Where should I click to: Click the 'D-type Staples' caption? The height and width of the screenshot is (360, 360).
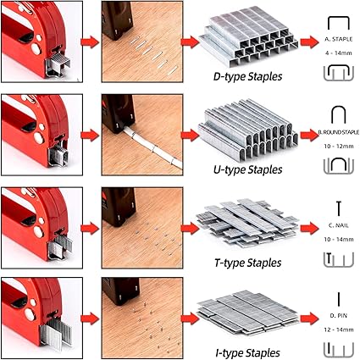tap(247, 76)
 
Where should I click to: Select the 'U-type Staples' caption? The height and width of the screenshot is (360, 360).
tap(247, 169)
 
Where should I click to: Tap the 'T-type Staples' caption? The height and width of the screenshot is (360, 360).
tap(247, 263)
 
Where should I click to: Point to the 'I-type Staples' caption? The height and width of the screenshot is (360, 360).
tap(247, 353)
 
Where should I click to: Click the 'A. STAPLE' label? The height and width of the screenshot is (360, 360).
tap(339, 39)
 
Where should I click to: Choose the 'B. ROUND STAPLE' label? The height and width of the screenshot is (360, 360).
tap(339, 132)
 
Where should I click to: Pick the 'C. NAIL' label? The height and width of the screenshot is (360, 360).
tap(339, 225)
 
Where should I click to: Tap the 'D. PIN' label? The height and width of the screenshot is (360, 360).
tap(339, 315)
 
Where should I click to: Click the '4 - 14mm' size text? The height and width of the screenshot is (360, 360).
tap(339, 53)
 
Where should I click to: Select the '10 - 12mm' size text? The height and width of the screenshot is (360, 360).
tap(339, 147)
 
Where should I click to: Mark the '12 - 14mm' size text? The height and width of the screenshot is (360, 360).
tap(339, 330)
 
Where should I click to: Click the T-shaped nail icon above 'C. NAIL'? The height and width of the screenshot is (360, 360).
tap(339, 208)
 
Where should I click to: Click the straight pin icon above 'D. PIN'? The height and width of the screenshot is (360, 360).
tap(339, 299)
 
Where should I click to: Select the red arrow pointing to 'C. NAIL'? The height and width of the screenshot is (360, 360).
tap(309, 228)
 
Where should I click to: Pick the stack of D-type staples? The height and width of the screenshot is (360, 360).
tap(248, 36)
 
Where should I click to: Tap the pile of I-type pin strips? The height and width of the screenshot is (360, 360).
tap(247, 311)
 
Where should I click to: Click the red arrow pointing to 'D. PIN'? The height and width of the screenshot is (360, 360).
tap(309, 318)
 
